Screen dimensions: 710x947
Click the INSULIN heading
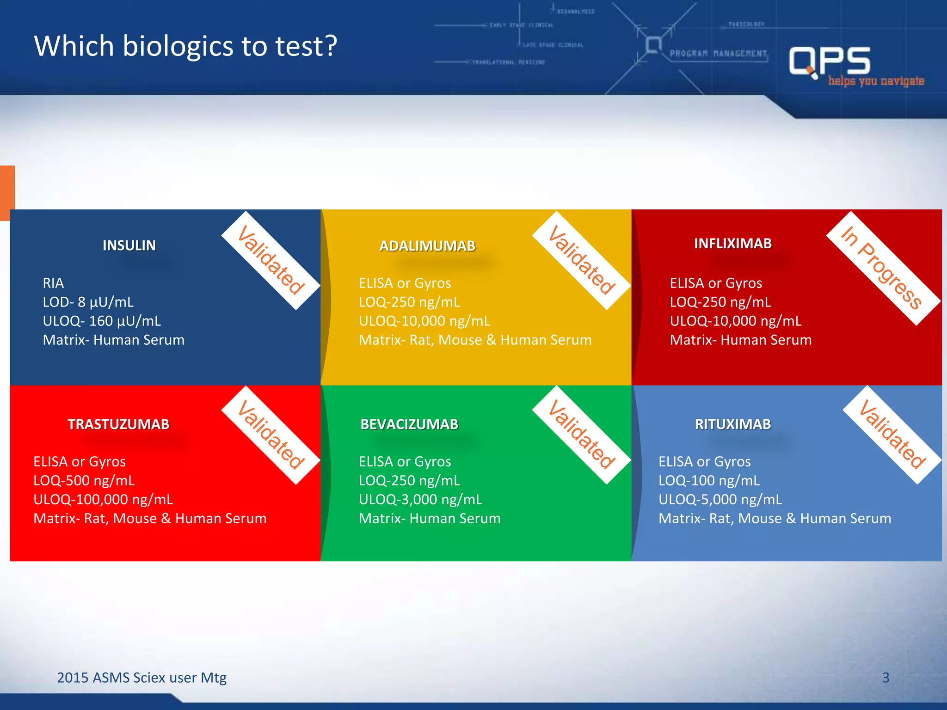coord(129,245)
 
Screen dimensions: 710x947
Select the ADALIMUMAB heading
coord(427,246)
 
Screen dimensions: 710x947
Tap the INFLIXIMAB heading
coord(733,244)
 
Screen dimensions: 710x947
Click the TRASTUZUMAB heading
coord(119,424)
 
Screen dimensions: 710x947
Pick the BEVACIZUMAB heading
coord(409,424)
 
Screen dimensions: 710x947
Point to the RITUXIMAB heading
coord(733,424)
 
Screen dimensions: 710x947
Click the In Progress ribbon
coord(882,269)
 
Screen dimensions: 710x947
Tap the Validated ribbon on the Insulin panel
coord(271,260)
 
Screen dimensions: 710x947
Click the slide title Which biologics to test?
coord(185,46)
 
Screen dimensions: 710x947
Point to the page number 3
coord(886,678)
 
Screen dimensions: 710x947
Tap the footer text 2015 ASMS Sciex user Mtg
coord(141,678)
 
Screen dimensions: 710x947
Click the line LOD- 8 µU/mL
coord(88,302)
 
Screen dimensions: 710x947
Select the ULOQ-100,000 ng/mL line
coord(103,500)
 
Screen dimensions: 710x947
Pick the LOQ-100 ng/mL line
coord(709,481)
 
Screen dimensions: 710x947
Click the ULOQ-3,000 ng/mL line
coord(420,500)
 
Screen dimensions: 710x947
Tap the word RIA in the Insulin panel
coord(53,283)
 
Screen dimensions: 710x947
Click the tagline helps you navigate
coord(876,81)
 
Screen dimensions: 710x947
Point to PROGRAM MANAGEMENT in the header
coord(718,54)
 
